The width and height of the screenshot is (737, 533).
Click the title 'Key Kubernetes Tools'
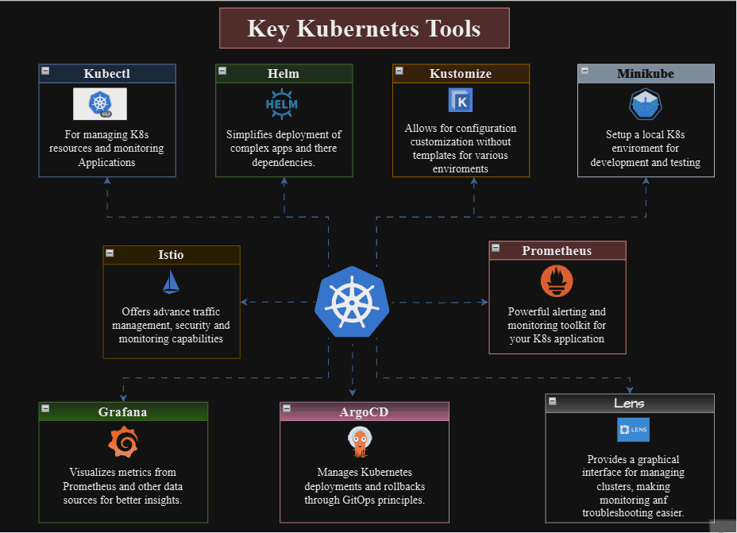pyautogui.click(x=364, y=29)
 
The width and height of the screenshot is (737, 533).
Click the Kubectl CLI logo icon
pyautogui.click(x=100, y=104)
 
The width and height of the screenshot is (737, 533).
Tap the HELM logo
pyautogui.click(x=282, y=104)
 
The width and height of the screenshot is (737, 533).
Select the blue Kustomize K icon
pyautogui.click(x=460, y=100)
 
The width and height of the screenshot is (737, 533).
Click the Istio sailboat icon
pyautogui.click(x=171, y=282)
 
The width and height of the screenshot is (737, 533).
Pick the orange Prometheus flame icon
pyautogui.click(x=557, y=281)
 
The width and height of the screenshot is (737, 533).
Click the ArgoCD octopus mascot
pyautogui.click(x=361, y=442)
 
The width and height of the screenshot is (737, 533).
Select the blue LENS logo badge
pyautogui.click(x=633, y=430)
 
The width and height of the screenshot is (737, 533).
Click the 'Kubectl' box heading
pyautogui.click(x=107, y=74)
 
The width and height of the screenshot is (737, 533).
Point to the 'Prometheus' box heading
pyautogui.click(x=557, y=251)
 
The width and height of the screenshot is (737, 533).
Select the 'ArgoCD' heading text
pyautogui.click(x=364, y=411)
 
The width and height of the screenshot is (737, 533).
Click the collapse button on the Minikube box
pyautogui.click(x=585, y=71)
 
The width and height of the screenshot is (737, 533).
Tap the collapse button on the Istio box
pyautogui.click(x=110, y=253)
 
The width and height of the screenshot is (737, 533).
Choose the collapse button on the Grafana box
pyautogui.click(x=45, y=408)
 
